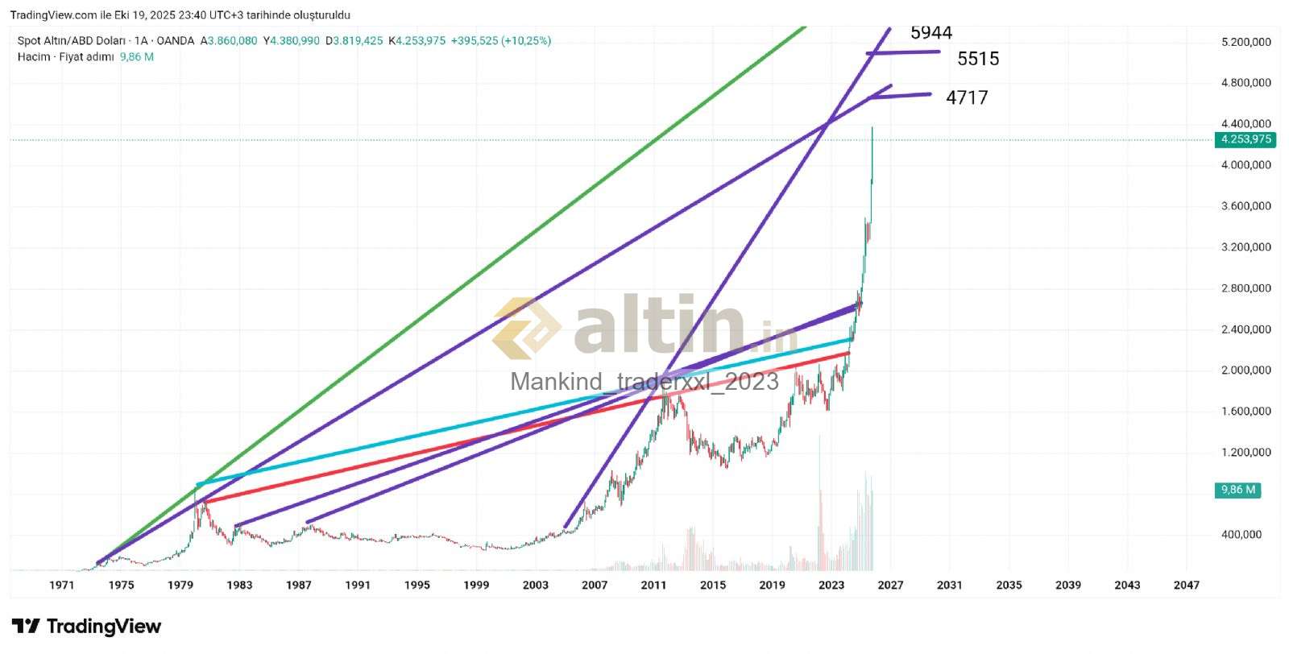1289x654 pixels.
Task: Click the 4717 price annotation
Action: (x=967, y=97)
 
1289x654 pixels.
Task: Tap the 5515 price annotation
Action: (x=978, y=59)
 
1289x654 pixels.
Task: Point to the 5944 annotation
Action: (x=931, y=33)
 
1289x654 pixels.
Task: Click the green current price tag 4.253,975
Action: (x=1245, y=139)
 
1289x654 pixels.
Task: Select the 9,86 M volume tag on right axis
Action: (x=1237, y=490)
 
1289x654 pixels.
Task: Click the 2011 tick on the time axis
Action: (x=653, y=586)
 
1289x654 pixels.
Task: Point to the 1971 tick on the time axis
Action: (x=62, y=586)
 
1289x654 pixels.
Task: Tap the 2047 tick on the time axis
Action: (x=1186, y=586)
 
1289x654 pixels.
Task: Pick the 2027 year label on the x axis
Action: (x=890, y=586)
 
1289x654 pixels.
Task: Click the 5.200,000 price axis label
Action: (x=1245, y=42)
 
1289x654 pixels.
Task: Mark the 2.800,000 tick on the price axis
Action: (x=1245, y=288)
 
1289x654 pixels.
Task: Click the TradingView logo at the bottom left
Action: (x=86, y=627)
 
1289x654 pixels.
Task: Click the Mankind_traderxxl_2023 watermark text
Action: (x=644, y=381)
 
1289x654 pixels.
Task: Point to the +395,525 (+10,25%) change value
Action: (x=500, y=40)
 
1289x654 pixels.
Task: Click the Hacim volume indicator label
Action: (x=33, y=57)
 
